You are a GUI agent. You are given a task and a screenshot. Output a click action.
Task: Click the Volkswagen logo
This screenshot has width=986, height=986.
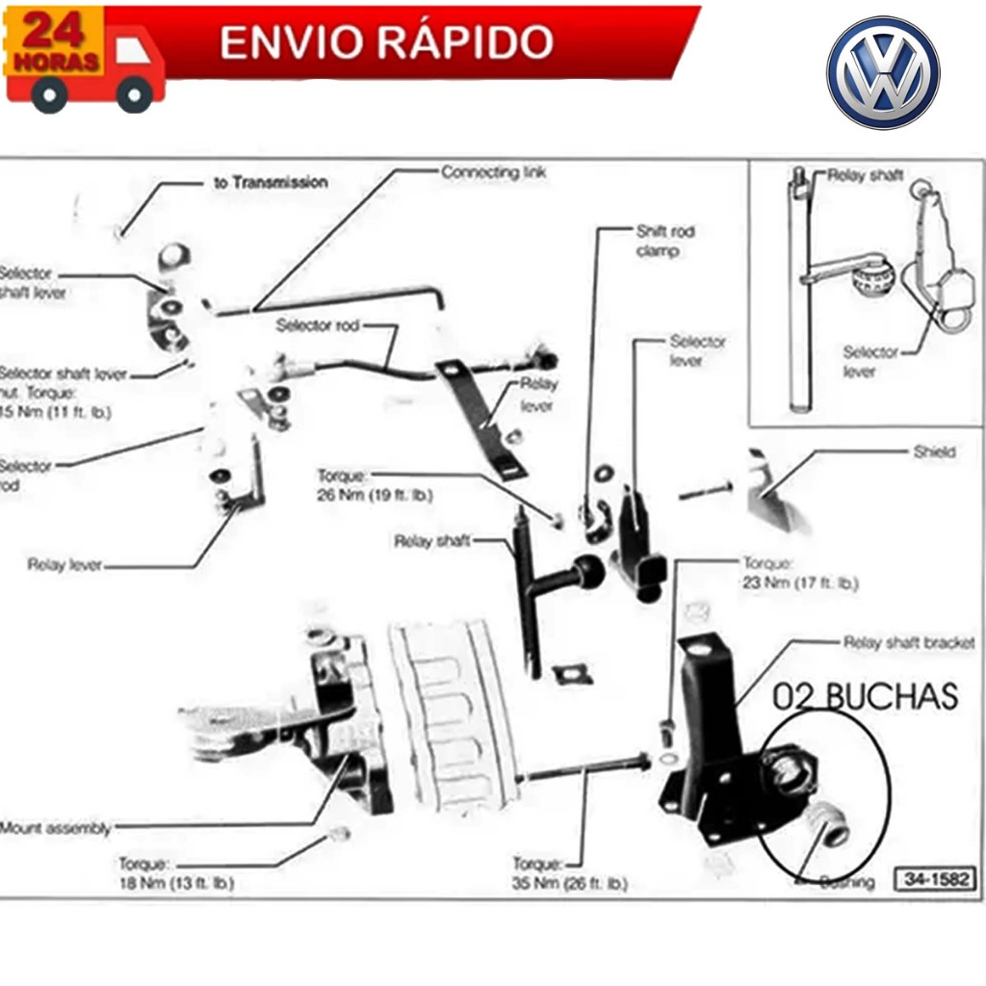882,72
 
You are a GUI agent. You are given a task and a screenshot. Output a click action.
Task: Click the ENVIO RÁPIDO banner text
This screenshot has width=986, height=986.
386,42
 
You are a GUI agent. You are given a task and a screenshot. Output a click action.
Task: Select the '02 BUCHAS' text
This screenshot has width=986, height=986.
866,696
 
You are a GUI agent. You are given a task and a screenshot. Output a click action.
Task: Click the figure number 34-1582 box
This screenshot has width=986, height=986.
935,878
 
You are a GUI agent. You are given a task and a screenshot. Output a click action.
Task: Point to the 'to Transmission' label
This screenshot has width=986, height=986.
270,182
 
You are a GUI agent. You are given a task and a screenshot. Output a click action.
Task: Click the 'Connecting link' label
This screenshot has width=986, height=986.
493,172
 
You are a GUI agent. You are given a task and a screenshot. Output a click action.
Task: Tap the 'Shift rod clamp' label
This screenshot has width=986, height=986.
664,241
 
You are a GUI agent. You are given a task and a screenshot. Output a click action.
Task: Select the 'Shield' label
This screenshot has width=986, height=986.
934,452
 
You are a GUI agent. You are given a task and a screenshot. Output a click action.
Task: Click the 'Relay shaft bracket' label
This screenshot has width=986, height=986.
908,642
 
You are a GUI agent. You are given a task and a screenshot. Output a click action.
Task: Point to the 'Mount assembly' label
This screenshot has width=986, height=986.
56,828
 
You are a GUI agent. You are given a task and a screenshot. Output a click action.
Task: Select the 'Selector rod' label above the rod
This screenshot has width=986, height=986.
317,325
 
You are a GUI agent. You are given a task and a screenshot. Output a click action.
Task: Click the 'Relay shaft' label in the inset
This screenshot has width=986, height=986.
865,176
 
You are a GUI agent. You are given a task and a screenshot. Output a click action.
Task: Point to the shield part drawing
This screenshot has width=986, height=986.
776,491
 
